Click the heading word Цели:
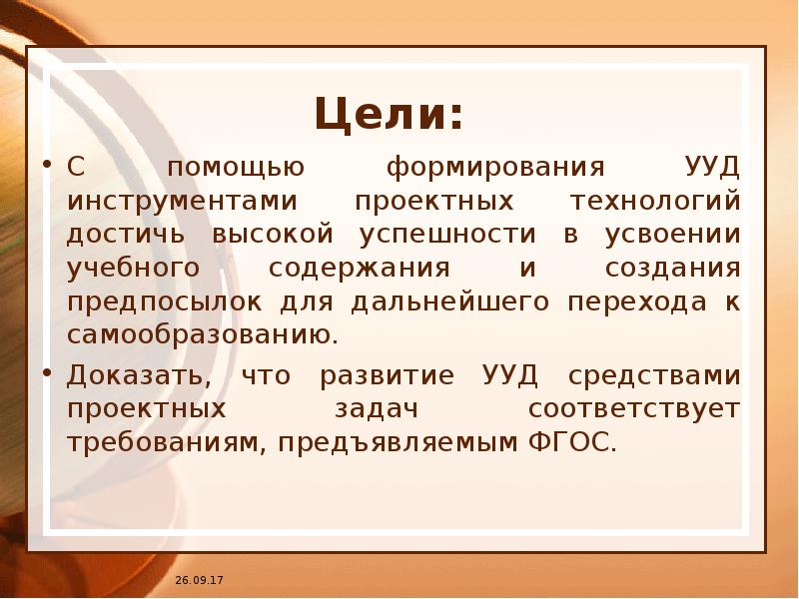[390, 115]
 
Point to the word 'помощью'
[230, 167]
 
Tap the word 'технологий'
[654, 201]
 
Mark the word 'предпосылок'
[166, 302]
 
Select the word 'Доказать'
[137, 376]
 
